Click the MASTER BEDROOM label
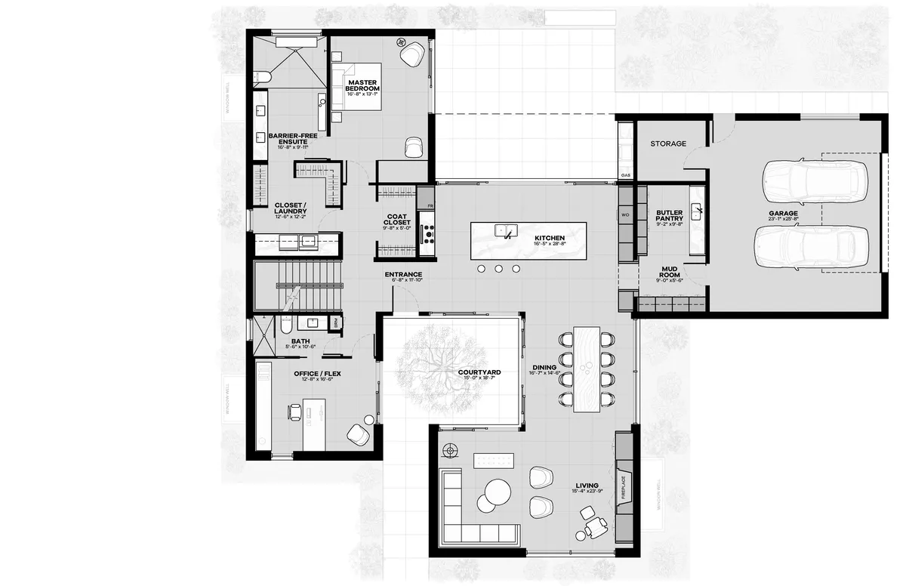[362, 85]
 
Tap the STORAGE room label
[668, 143]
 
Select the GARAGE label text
[784, 214]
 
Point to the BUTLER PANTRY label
[669, 216]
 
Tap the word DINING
[544, 367]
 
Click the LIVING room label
[587, 486]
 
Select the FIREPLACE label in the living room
[624, 488]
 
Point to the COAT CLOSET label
[397, 219]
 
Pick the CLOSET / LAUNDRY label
[289, 208]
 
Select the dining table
[587, 369]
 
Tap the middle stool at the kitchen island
[498, 268]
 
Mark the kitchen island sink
[502, 230]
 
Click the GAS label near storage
[625, 175]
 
